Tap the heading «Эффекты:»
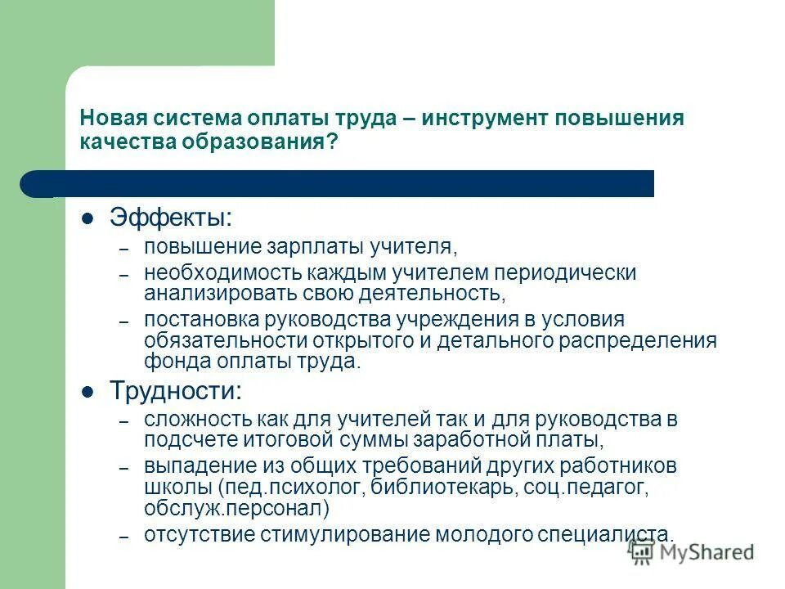point(171,218)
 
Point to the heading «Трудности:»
point(176,390)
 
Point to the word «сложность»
point(190,420)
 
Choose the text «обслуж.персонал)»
point(237,508)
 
